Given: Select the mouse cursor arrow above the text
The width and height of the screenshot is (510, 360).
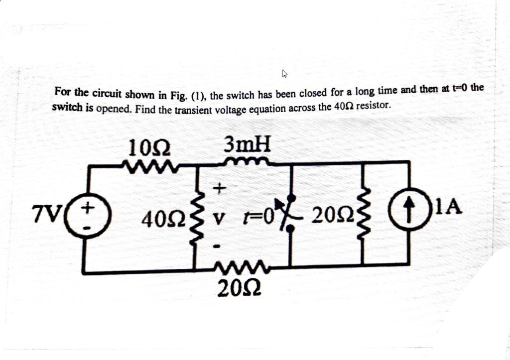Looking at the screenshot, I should point(285,75).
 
